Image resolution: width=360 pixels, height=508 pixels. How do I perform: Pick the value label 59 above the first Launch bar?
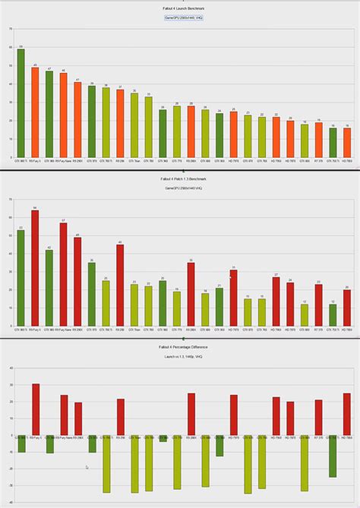(x=21, y=46)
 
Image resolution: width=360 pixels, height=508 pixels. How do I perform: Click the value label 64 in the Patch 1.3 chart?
(x=35, y=206)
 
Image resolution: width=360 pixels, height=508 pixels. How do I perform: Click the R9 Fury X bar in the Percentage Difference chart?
(x=35, y=410)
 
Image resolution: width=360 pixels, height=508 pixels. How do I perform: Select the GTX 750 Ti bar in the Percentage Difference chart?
(x=333, y=456)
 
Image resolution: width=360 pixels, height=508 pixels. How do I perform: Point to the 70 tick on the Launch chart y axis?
(x=10, y=29)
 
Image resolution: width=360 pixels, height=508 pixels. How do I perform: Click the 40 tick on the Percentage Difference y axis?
(x=10, y=368)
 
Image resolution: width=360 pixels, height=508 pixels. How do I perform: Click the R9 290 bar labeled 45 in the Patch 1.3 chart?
(x=120, y=286)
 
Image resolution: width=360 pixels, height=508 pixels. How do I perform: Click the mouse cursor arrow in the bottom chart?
(x=87, y=468)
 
